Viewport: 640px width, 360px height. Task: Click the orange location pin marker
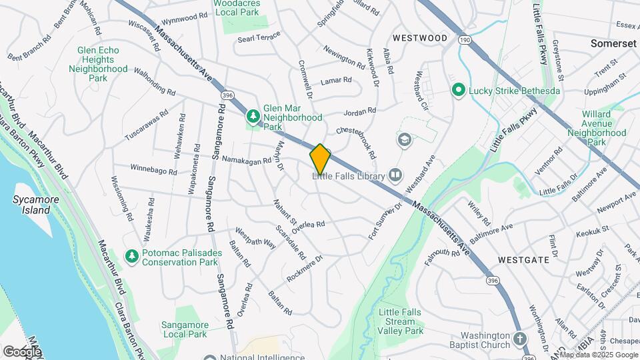320,159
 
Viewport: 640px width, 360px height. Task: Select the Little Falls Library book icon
395,175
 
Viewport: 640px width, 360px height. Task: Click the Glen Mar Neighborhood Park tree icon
253,117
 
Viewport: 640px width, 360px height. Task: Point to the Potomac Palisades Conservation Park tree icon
132,257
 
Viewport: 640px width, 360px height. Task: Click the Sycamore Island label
31,205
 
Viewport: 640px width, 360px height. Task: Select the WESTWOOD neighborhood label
420,38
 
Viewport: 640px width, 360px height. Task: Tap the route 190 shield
464,41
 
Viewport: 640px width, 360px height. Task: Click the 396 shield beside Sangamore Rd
227,95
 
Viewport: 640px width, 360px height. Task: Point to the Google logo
22,351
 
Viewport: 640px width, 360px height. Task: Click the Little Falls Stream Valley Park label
400,321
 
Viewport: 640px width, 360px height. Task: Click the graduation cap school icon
403,140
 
